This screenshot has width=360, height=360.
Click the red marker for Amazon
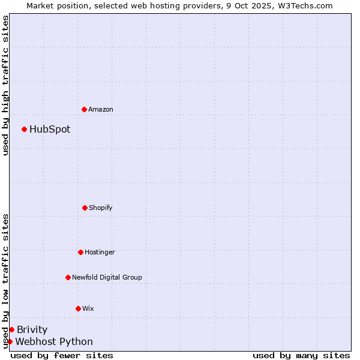pos(84,109)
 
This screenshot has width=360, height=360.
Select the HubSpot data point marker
pos(24,129)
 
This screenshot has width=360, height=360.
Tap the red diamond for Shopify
pos(85,208)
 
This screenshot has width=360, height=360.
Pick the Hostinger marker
pos(80,252)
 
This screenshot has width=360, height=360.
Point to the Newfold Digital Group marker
pos(68,277)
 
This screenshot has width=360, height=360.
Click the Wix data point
pos(78,308)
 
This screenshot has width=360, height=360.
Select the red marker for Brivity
pos(11,329)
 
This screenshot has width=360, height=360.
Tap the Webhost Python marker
pos(10,341)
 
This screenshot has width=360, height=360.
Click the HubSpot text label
pos(50,129)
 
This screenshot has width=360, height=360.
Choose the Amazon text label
pos(101,109)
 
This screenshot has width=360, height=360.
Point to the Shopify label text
pos(101,208)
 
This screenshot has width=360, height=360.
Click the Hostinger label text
pos(100,252)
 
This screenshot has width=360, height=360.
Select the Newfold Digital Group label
pos(107,277)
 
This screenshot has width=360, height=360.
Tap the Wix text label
pos(88,308)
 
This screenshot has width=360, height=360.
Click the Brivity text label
pos(32,329)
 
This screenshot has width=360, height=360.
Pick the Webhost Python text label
pos(54,341)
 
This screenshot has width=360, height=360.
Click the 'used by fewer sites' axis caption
pos(62,355)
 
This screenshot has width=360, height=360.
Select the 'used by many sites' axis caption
pos(301,355)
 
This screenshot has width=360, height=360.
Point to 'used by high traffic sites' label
pos(5,85)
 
